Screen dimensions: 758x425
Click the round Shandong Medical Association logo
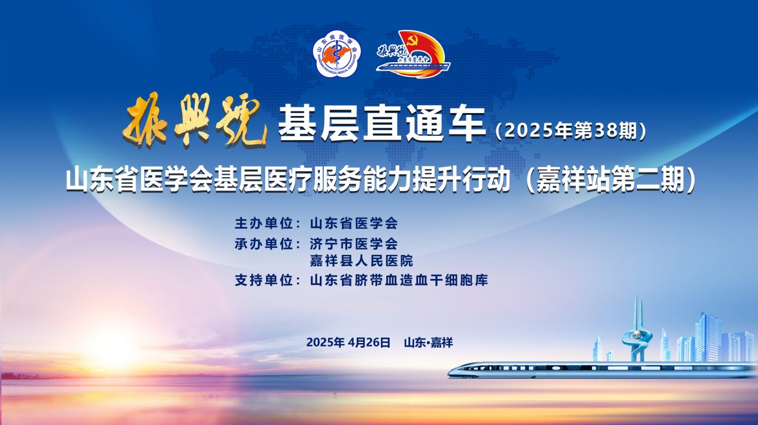pyautogui.click(x=336, y=54)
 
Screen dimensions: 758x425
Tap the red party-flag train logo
pyautogui.click(x=413, y=54)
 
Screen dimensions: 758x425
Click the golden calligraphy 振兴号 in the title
pyautogui.click(x=195, y=120)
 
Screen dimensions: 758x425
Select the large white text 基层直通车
pyautogui.click(x=382, y=123)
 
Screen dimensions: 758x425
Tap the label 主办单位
pyautogui.click(x=263, y=223)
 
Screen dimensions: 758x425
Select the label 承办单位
pyautogui.click(x=263, y=244)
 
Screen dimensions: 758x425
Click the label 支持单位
pyautogui.click(x=263, y=280)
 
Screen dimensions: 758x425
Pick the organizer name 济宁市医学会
pyautogui.click(x=354, y=244)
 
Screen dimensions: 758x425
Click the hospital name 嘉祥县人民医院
pyautogui.click(x=362, y=261)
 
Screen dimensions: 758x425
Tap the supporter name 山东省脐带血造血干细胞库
pyautogui.click(x=399, y=280)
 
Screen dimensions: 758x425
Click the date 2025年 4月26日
pyautogui.click(x=348, y=342)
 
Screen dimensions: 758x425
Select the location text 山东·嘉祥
pyautogui.click(x=429, y=342)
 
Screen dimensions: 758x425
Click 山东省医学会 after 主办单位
pyautogui.click(x=354, y=223)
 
